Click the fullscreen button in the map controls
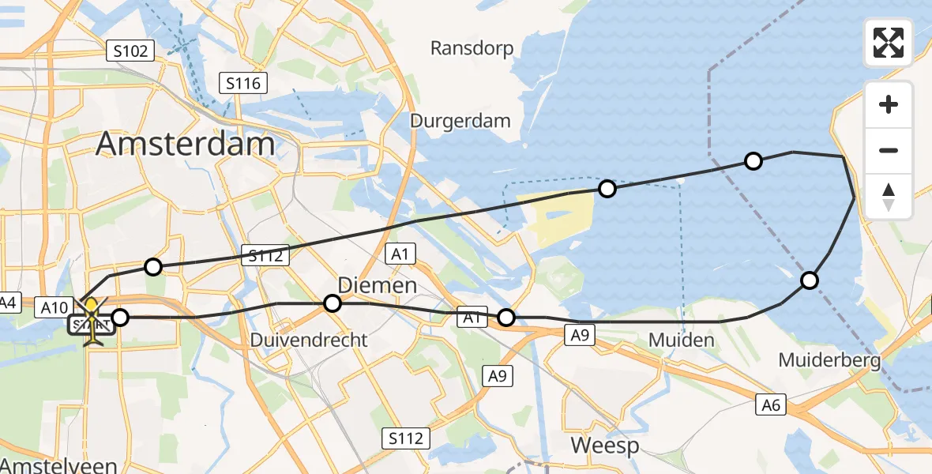pyautogui.click(x=889, y=43)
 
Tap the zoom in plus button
pyautogui.click(x=889, y=105)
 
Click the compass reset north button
pyautogui.click(x=889, y=196)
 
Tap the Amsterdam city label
pyautogui.click(x=186, y=145)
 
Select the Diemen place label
pyautogui.click(x=378, y=285)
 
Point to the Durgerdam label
pyautogui.click(x=460, y=121)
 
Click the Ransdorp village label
pyautogui.click(x=472, y=48)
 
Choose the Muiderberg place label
pyautogui.click(x=829, y=361)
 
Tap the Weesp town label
pyautogui.click(x=604, y=446)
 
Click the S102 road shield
pyautogui.click(x=130, y=51)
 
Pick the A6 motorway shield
pyautogui.click(x=771, y=405)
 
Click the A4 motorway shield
pyautogui.click(x=9, y=302)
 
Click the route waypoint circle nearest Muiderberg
pyautogui.click(x=809, y=280)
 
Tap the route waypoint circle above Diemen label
pyautogui.click(x=333, y=303)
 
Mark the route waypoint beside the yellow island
pyautogui.click(x=607, y=189)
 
